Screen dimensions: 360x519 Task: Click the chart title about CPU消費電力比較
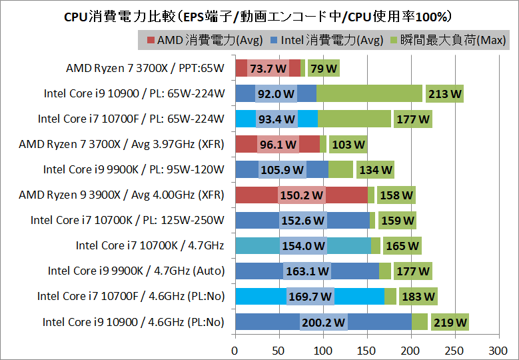(x=259, y=15)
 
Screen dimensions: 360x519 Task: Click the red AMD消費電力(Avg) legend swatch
(x=150, y=41)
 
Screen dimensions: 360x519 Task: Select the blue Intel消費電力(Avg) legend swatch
(x=273, y=41)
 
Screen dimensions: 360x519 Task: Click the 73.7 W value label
(x=268, y=69)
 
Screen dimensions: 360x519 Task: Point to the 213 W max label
(x=444, y=94)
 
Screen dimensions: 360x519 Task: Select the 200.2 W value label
(x=323, y=323)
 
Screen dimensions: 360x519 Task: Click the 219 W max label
(x=450, y=323)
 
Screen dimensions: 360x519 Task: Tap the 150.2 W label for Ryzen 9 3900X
(x=301, y=195)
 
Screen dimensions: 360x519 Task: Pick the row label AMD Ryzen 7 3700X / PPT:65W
(x=145, y=68)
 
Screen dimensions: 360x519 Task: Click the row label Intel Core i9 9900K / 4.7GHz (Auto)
(x=136, y=271)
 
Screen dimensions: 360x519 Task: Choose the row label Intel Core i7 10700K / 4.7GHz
(x=150, y=245)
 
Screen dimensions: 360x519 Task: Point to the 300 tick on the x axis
(x=498, y=349)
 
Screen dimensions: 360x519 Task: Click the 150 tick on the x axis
(x=367, y=349)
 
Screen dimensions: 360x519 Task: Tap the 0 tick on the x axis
(x=235, y=349)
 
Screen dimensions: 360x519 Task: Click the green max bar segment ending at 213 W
(x=370, y=94)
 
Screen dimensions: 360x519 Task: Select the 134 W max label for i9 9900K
(x=375, y=170)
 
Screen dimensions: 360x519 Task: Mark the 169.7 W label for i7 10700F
(x=310, y=297)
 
